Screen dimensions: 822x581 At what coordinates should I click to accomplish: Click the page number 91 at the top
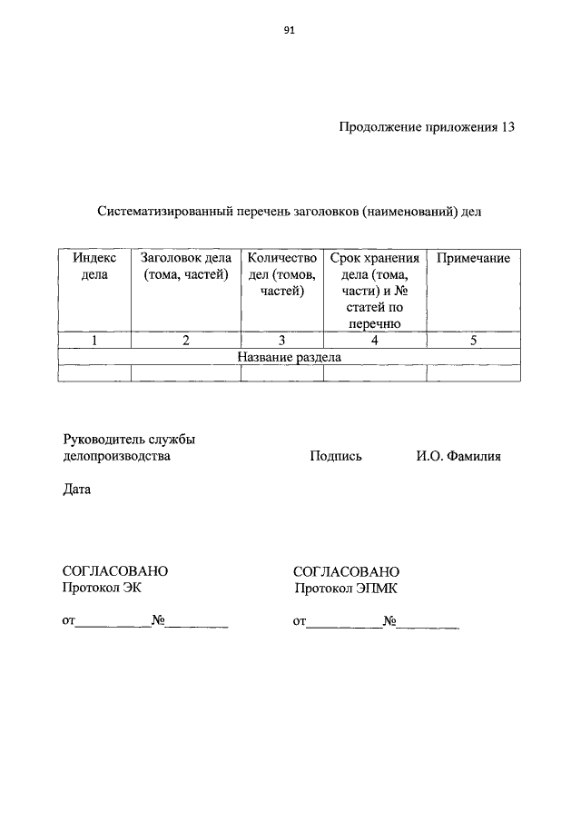pos(290,29)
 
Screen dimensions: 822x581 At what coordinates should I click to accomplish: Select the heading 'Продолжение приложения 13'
pos(428,127)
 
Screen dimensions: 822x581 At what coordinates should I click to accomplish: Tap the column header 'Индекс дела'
pos(94,267)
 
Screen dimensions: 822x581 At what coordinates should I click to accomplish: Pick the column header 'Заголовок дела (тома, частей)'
pos(185,267)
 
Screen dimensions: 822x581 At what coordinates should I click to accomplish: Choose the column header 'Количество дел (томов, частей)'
pos(281,274)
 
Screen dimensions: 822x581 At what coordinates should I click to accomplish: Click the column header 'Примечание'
pos(473,259)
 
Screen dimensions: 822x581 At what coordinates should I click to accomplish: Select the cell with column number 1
pos(94,341)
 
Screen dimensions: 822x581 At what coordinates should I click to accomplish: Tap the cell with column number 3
pos(281,341)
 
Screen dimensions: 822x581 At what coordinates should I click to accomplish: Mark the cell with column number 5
pos(473,341)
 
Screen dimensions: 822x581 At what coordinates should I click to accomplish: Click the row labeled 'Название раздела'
pos(289,357)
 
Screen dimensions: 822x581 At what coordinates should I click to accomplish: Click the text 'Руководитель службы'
pos(129,440)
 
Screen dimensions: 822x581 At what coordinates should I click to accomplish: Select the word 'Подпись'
pos(335,456)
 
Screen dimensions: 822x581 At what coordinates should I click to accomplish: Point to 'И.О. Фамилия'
pos(452,456)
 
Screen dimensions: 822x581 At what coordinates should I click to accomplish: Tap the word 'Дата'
pos(76,490)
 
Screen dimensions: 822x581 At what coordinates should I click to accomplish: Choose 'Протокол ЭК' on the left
pos(102,589)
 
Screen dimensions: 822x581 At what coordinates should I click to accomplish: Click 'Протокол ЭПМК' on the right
pos(346,589)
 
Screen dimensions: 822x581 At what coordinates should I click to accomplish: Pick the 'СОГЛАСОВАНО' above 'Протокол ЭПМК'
pos(346,571)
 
